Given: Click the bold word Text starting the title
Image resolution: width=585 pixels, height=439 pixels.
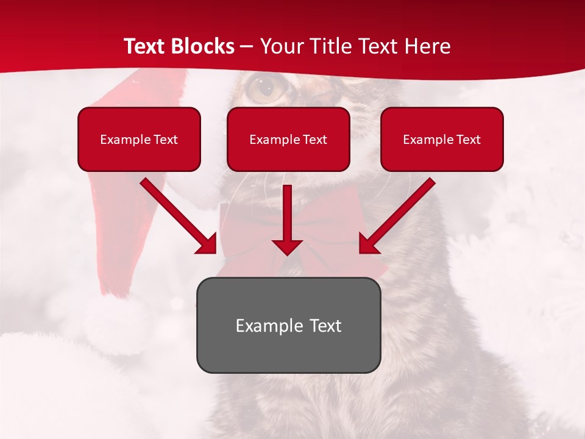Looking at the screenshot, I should click(146, 46).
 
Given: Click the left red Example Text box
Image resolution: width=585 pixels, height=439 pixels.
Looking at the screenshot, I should click(139, 139).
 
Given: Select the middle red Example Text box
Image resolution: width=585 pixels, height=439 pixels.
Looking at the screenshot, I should click(288, 139).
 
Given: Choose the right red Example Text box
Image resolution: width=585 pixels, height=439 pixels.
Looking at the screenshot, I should click(442, 139).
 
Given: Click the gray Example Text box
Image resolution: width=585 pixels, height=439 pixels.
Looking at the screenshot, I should click(288, 325).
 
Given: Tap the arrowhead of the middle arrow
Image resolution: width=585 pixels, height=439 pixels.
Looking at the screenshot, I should click(288, 246).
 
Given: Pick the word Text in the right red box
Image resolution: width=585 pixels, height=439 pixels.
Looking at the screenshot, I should click(468, 139).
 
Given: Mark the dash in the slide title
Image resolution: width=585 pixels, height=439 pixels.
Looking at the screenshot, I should click(247, 46).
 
